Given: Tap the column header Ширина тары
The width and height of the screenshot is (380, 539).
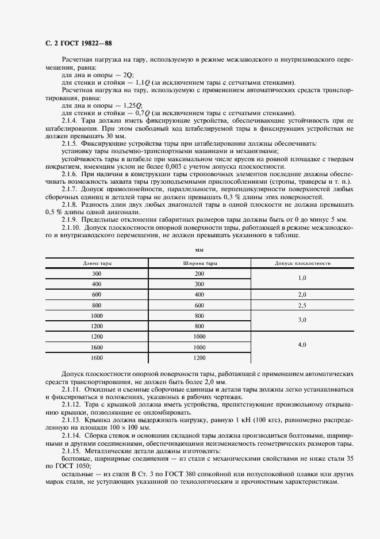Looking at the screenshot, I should pos(199,263).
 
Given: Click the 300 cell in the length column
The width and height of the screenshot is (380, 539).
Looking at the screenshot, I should pos(97,274).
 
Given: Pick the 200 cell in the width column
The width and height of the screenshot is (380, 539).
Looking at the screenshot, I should pos(199,274).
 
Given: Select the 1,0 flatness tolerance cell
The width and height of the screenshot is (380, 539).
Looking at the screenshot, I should pos(302,279).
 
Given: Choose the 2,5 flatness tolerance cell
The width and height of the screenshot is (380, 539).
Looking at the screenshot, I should pos(302,305).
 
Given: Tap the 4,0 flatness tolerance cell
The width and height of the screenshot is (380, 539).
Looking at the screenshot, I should pos(302,346).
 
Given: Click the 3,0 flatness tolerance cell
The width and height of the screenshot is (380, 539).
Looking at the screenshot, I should pos(302,320).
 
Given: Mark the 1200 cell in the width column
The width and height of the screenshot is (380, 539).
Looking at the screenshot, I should pos(199,357).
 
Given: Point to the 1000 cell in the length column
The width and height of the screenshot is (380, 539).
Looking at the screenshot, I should pos(97,315).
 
